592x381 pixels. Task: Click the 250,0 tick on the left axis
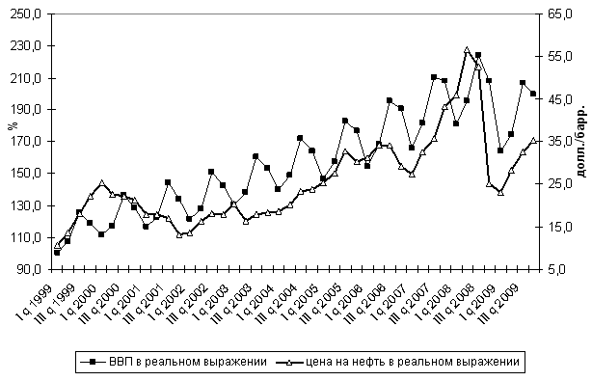point(27,14)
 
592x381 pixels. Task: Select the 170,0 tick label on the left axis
point(27,142)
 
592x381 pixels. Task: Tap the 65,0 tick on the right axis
point(558,14)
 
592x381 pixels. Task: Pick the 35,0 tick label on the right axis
point(558,142)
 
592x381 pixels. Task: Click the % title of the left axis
point(13,125)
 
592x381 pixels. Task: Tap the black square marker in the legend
point(94,362)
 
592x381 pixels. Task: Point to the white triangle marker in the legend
point(289,362)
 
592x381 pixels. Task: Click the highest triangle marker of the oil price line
point(467,50)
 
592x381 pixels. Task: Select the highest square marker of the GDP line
point(478,55)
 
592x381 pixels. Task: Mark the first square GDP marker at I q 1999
point(57,253)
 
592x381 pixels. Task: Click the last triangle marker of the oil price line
point(533,141)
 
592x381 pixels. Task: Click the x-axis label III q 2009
point(501,304)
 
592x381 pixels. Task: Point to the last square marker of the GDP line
point(533,94)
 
